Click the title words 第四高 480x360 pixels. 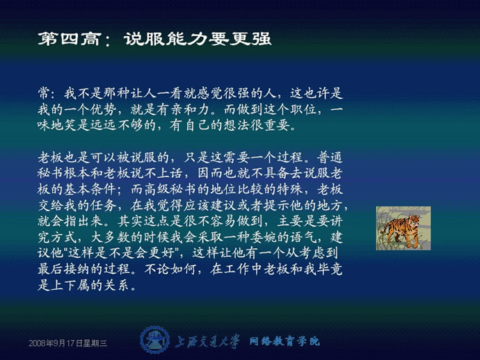(70, 39)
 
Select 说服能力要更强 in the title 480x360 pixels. (198, 39)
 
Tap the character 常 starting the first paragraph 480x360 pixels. (44, 93)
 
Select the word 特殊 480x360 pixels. (290, 190)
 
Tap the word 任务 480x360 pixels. (104, 206)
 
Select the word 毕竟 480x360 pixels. (330, 269)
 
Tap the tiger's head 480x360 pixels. (413, 222)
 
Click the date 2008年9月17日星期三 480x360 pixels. (67, 343)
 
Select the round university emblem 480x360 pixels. (154, 340)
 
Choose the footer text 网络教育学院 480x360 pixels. (285, 341)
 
